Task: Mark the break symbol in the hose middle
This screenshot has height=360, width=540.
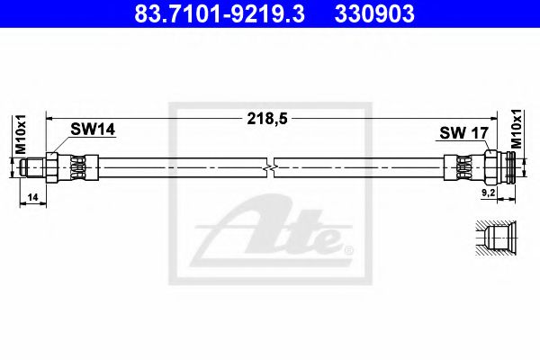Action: pyautogui.click(x=271, y=168)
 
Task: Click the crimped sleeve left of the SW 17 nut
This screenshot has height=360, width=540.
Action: pyautogui.click(x=463, y=168)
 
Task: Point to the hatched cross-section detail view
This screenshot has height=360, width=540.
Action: pyautogui.click(x=493, y=240)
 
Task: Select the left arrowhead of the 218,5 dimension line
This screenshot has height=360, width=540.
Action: pyautogui.click(x=52, y=116)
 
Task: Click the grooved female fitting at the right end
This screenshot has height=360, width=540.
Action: pyautogui.click(x=511, y=168)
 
